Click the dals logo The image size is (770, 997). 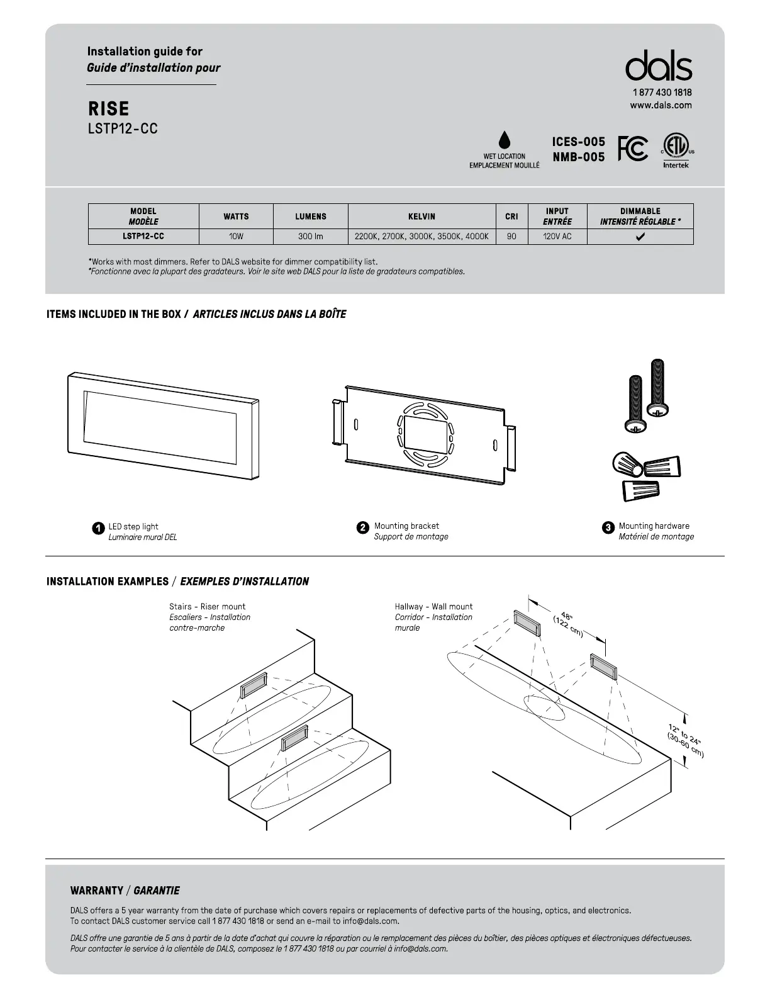[x=659, y=66]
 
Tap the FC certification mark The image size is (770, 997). [x=632, y=149]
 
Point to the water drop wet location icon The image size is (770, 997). [x=504, y=141]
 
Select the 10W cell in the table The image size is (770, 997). [x=236, y=237]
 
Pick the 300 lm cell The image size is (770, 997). [x=311, y=237]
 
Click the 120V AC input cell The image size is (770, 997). [x=557, y=237]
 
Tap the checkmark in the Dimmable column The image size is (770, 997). [x=640, y=237]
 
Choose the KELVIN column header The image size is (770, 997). [x=421, y=217]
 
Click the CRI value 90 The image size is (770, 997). [x=511, y=237]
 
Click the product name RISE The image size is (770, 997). [x=109, y=109]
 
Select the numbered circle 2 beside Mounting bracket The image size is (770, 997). [x=362, y=528]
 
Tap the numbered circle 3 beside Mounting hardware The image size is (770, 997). [x=608, y=528]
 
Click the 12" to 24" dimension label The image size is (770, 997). [x=686, y=740]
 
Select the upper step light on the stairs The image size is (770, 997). [x=253, y=684]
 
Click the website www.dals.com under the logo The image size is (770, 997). [x=661, y=105]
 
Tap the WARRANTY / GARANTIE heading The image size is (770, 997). [x=125, y=891]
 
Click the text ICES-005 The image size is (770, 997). [x=578, y=142]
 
